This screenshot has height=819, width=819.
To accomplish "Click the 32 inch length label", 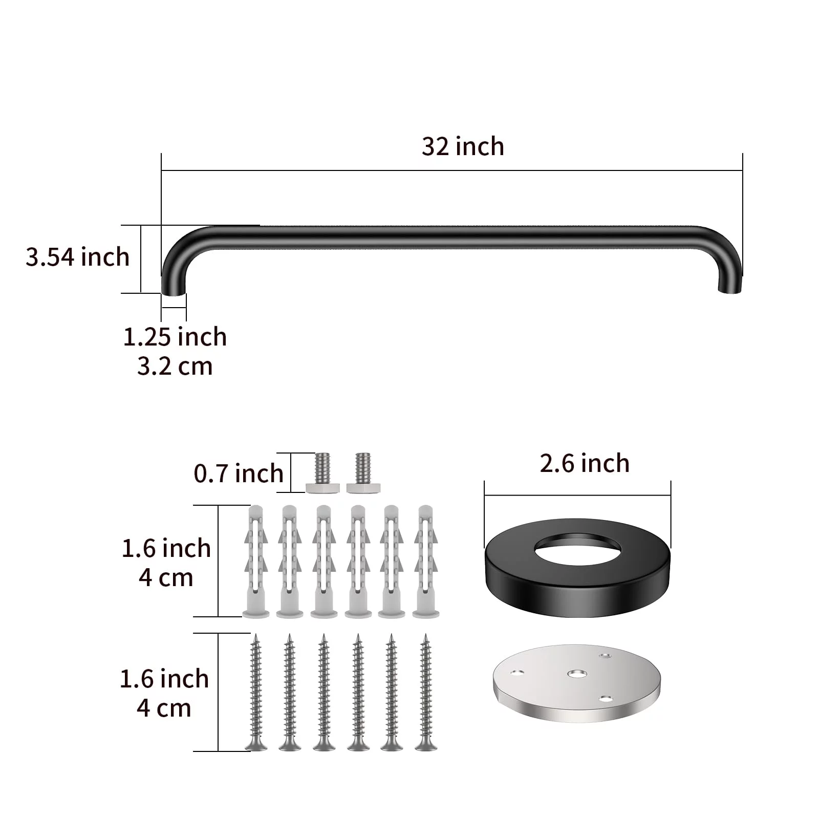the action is pyautogui.click(x=463, y=146).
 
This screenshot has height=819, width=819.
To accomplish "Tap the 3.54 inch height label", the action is pyautogui.click(x=78, y=256).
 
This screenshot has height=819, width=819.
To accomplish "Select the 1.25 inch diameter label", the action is pyautogui.click(x=175, y=337).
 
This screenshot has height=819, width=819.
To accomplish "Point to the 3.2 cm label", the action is pyautogui.click(x=175, y=367).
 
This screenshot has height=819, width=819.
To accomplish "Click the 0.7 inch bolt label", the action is pyautogui.click(x=239, y=473).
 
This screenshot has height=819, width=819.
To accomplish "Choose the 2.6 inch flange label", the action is pyautogui.click(x=585, y=464).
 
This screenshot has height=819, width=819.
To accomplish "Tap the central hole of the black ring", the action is pyautogui.click(x=577, y=550).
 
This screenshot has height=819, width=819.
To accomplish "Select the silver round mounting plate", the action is pyautogui.click(x=577, y=682).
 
